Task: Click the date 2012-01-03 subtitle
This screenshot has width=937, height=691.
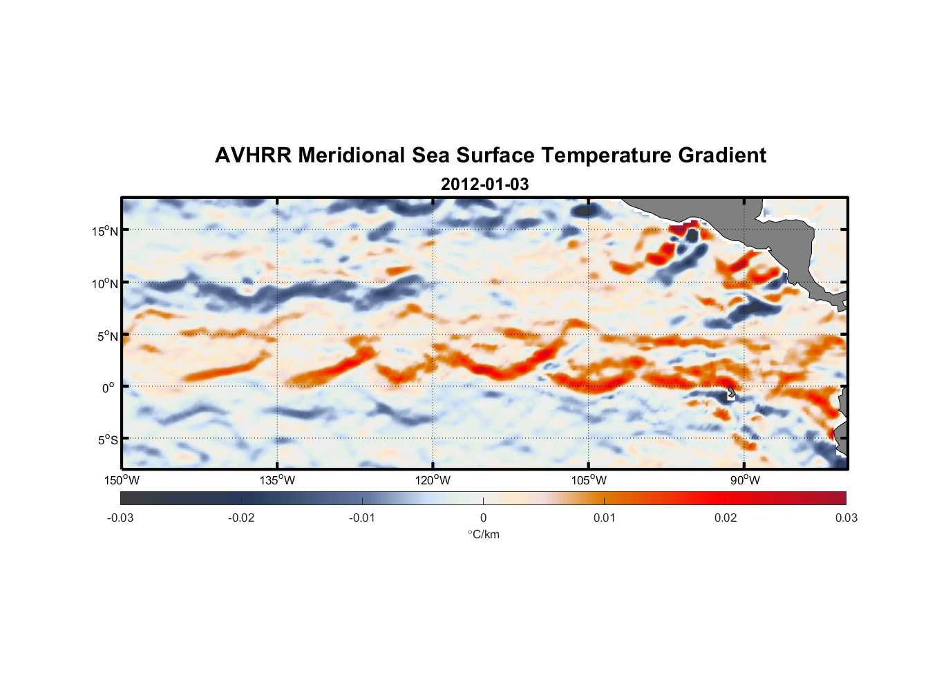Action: pyautogui.click(x=484, y=184)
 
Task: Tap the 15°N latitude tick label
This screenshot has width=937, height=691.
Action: pyautogui.click(x=105, y=231)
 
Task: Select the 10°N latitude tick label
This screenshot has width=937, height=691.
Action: pyautogui.click(x=105, y=283)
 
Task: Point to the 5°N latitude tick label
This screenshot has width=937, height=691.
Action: pyautogui.click(x=108, y=336)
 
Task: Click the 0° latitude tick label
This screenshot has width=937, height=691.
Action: pyautogui.click(x=108, y=388)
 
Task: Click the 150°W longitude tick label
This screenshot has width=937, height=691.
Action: pyautogui.click(x=122, y=480)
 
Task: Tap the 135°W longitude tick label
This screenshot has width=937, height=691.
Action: pyautogui.click(x=277, y=480)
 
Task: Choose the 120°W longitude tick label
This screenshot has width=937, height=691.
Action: pyautogui.click(x=433, y=480)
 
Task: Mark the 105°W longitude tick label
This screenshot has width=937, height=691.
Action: pyautogui.click(x=589, y=480)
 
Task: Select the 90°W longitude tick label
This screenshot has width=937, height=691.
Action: pyautogui.click(x=744, y=480)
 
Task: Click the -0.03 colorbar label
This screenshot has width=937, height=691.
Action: pyautogui.click(x=120, y=518)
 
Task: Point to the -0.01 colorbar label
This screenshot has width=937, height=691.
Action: pyautogui.click(x=362, y=518)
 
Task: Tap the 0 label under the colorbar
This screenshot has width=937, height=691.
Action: pyautogui.click(x=483, y=518)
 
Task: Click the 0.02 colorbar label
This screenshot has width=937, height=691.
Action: pyautogui.click(x=725, y=518)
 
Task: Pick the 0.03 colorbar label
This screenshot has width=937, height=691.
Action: pyautogui.click(x=846, y=518)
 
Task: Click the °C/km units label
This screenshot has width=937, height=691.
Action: pyautogui.click(x=483, y=534)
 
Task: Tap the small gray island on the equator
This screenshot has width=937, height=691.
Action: pyautogui.click(x=731, y=391)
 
